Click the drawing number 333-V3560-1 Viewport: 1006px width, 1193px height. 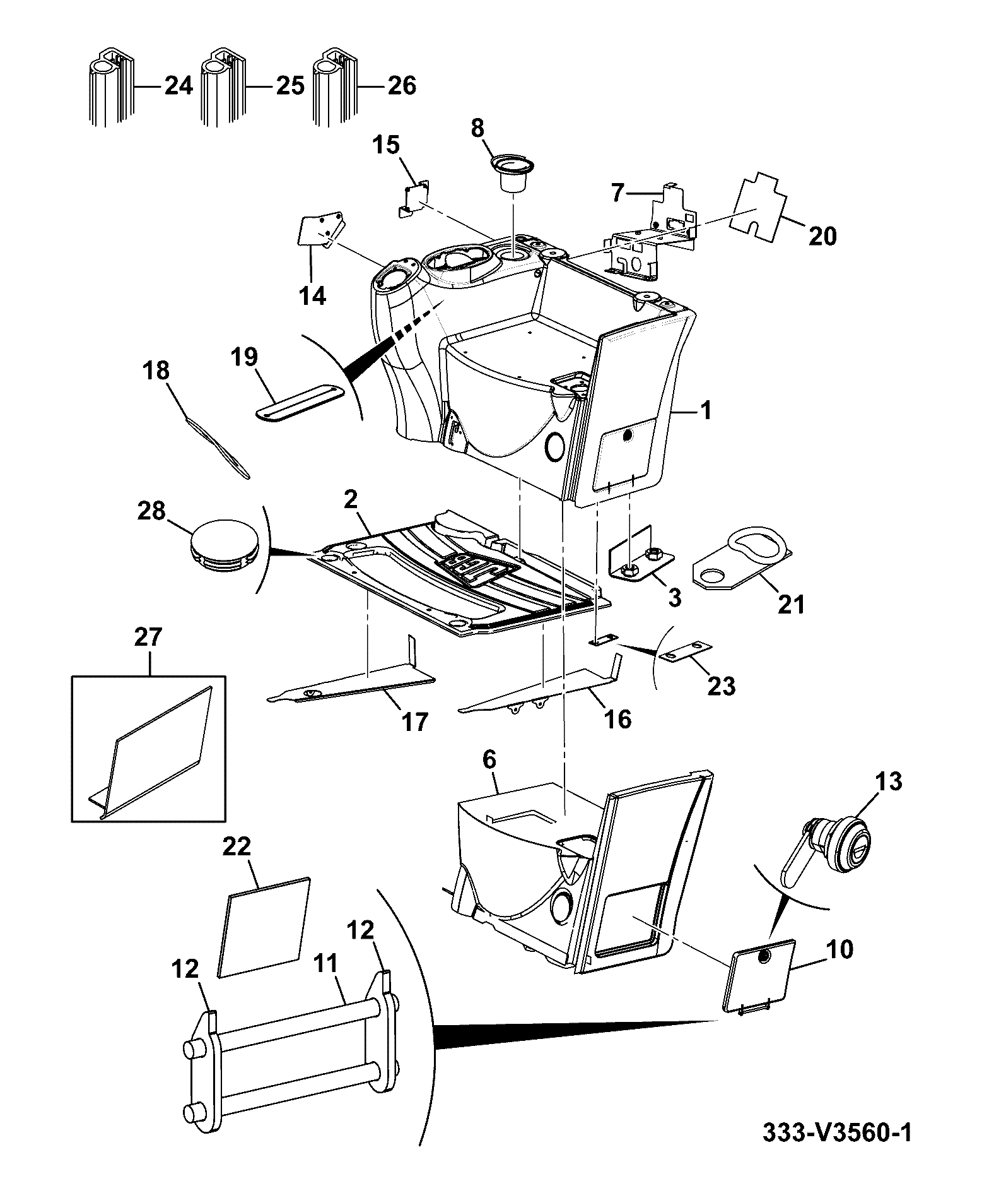837,1150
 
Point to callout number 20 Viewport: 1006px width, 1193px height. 822,236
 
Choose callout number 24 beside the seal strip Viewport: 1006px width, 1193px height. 178,85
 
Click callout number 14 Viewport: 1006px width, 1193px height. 312,295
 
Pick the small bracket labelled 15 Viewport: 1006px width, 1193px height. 414,198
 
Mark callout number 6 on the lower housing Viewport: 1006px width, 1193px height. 489,761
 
